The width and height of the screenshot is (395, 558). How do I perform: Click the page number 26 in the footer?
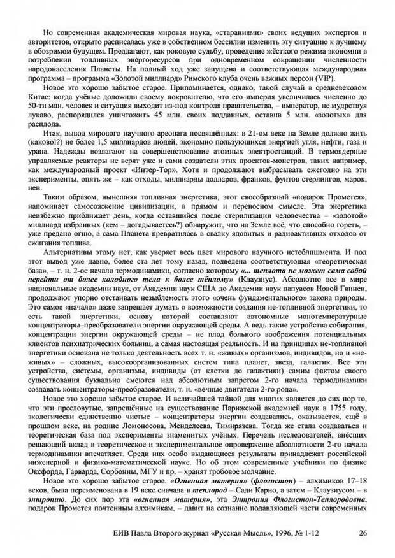coord(363,533)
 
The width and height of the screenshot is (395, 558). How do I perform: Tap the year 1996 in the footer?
coord(276,533)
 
